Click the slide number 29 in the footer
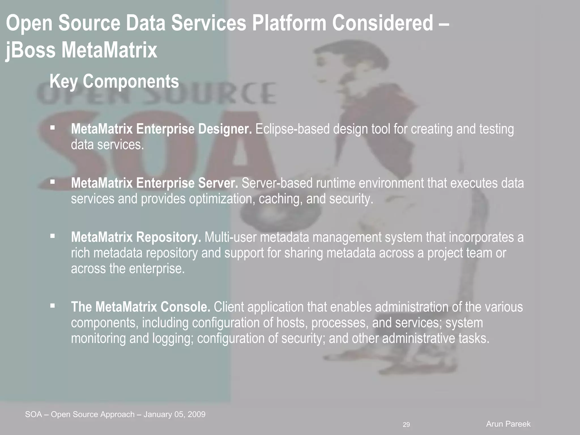click(x=406, y=425)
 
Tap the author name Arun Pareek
click(x=508, y=424)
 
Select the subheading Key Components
click(x=114, y=81)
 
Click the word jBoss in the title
click(x=31, y=50)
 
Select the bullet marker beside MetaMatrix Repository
click(x=52, y=236)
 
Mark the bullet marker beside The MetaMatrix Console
click(x=52, y=306)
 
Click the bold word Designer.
click(x=225, y=129)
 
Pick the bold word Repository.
click(x=169, y=237)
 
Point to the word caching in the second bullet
click(x=280, y=199)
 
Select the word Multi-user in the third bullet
click(x=230, y=237)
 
